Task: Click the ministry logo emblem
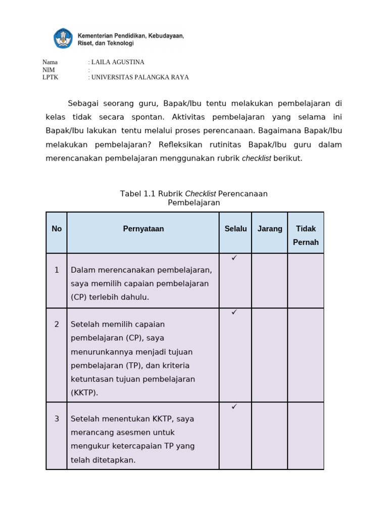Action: (x=63, y=38)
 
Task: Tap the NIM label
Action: (x=48, y=70)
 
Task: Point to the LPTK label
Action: (x=50, y=77)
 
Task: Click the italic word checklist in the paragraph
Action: (x=256, y=158)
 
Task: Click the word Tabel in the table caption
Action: (x=130, y=193)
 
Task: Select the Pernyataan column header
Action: (x=143, y=229)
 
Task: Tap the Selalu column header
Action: (x=235, y=229)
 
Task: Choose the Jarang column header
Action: (x=270, y=229)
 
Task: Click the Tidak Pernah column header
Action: (x=306, y=235)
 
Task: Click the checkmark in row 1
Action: (x=234, y=258)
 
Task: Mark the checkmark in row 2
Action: (x=234, y=313)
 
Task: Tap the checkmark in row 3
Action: (x=234, y=406)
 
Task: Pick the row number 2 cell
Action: (x=57, y=324)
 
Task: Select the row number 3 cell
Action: (x=57, y=419)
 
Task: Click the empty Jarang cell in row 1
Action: (x=270, y=281)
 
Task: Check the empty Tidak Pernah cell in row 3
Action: (x=306, y=436)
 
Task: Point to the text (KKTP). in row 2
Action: (x=84, y=392)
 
